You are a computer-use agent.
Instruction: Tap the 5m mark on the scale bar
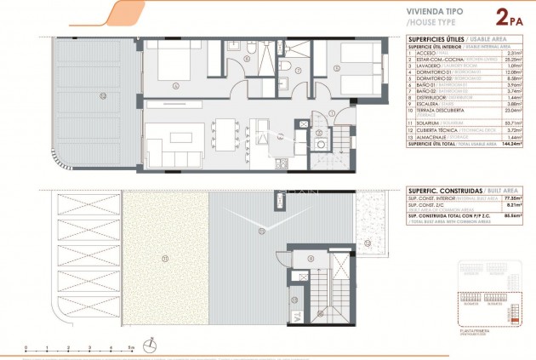pos(130,348)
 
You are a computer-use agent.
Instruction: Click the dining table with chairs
pos(225,132)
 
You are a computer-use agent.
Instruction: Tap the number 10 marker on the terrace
pos(102,94)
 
